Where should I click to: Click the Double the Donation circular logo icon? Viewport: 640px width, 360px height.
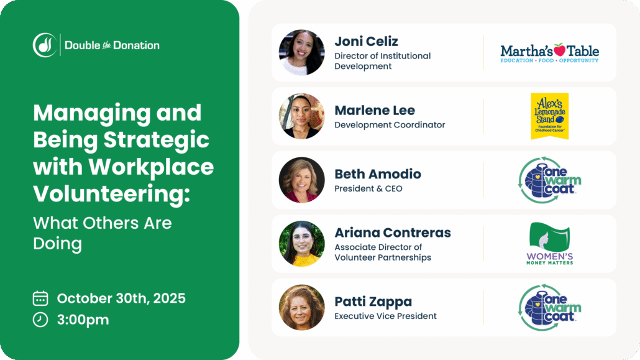tap(45, 45)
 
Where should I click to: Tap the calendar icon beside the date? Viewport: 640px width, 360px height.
tap(40, 298)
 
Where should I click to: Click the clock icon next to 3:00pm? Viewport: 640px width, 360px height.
tap(40, 320)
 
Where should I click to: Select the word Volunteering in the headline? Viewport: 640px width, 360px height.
tap(111, 194)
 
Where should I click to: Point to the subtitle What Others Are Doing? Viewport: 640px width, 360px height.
tap(103, 233)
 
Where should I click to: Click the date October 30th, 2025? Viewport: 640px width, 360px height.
tap(121, 298)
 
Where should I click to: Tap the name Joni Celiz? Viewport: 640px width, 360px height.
tap(366, 41)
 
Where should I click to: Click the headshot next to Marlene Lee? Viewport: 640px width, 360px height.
tap(301, 116)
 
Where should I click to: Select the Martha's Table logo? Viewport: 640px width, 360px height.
tap(549, 53)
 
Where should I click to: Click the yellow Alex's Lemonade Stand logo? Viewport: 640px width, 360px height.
tap(549, 116)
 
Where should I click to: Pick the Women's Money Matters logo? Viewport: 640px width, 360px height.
tap(549, 244)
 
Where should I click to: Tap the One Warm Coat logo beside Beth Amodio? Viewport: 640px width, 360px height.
tap(549, 180)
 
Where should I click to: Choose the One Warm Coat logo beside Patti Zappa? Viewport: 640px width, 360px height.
tap(549, 308)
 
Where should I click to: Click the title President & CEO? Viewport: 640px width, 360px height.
tap(368, 189)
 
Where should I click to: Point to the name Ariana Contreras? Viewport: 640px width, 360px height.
tap(393, 233)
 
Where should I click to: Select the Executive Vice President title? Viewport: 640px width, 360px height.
tap(385, 316)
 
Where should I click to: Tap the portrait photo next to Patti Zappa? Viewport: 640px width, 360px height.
tap(301, 308)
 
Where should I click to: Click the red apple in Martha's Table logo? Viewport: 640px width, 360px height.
tap(560, 50)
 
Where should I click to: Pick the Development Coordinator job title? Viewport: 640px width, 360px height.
tap(390, 125)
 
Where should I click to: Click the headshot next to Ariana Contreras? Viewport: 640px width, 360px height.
tap(301, 244)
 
